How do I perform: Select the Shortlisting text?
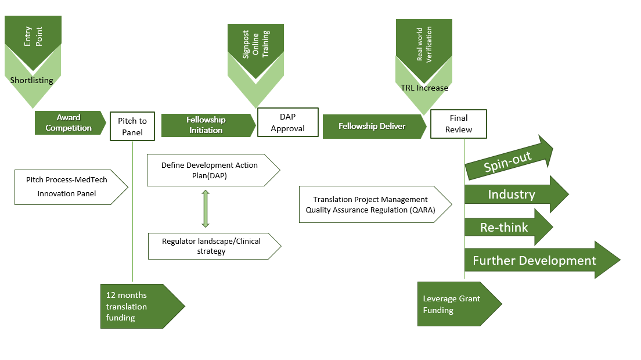point(31,80)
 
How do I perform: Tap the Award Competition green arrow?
point(69,123)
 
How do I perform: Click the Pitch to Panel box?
point(132,125)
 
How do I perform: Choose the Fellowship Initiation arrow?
point(207,125)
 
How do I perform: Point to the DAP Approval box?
point(288,123)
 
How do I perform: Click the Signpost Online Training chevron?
point(256,49)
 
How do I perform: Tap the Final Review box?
point(459,124)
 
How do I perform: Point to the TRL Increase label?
point(424,88)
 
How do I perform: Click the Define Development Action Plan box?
point(210,170)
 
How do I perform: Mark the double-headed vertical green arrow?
point(205,209)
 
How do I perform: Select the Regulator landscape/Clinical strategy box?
point(211,246)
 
